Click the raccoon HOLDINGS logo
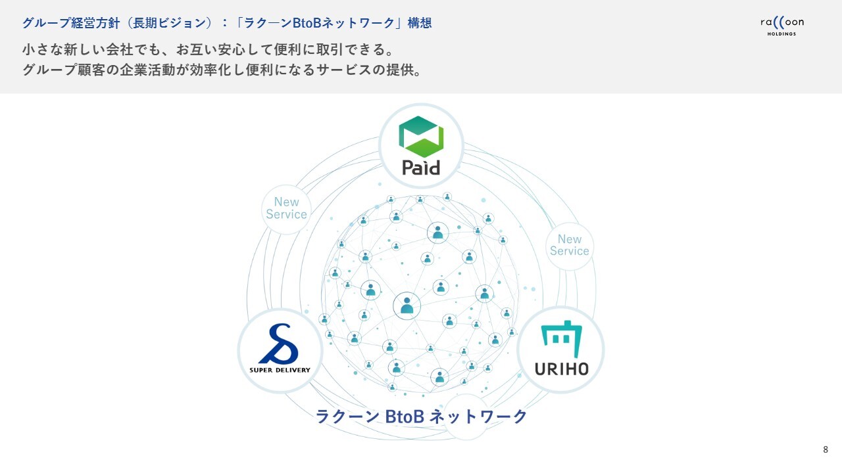point(781,25)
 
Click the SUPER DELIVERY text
point(280,370)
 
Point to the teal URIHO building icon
point(560,335)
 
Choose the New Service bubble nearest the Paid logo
point(286,208)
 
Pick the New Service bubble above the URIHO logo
point(569,245)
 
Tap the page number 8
point(826,449)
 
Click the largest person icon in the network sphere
point(407,305)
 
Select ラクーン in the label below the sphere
point(347,417)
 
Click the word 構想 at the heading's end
point(419,23)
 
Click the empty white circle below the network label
point(466,428)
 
